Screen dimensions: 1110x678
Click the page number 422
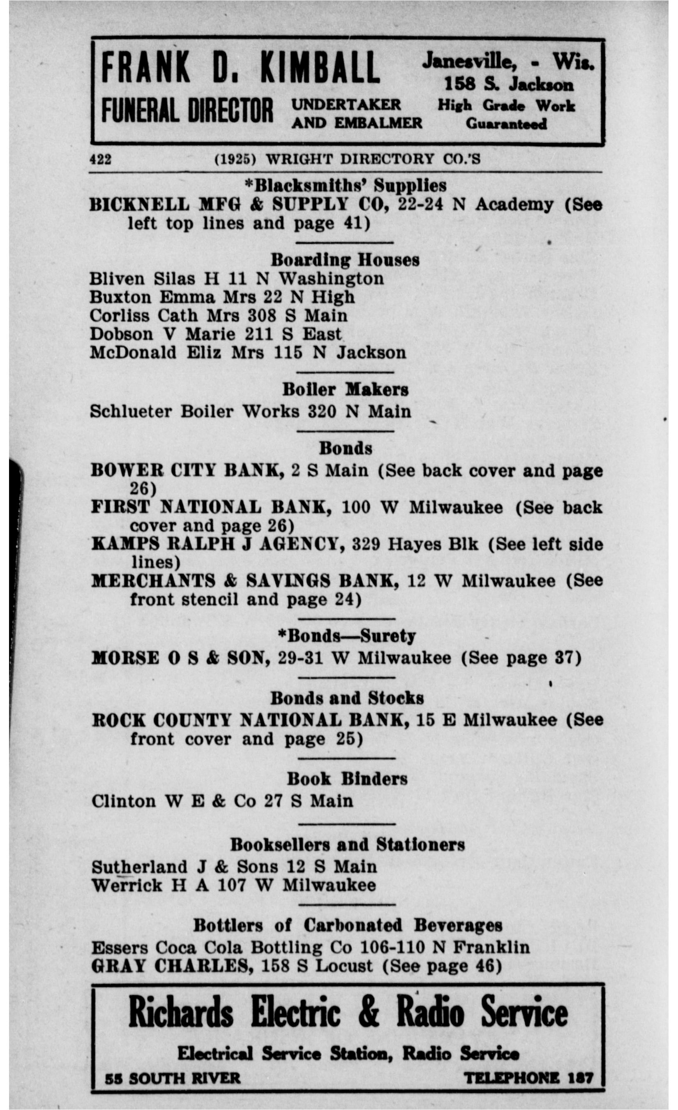coord(100,159)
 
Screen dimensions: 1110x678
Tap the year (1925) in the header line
coord(235,159)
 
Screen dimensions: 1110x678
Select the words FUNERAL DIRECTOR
coord(187,110)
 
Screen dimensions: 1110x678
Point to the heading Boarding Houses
coord(345,260)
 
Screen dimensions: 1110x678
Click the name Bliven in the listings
coord(118,279)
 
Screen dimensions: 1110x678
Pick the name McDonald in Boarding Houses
coord(133,352)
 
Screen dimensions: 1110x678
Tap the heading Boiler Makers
coord(345,390)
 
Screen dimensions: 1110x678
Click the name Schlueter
coord(131,411)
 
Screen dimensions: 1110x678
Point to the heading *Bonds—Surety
coord(346,636)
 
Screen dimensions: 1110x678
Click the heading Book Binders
coord(347,779)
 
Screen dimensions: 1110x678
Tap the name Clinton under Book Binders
coord(123,801)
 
